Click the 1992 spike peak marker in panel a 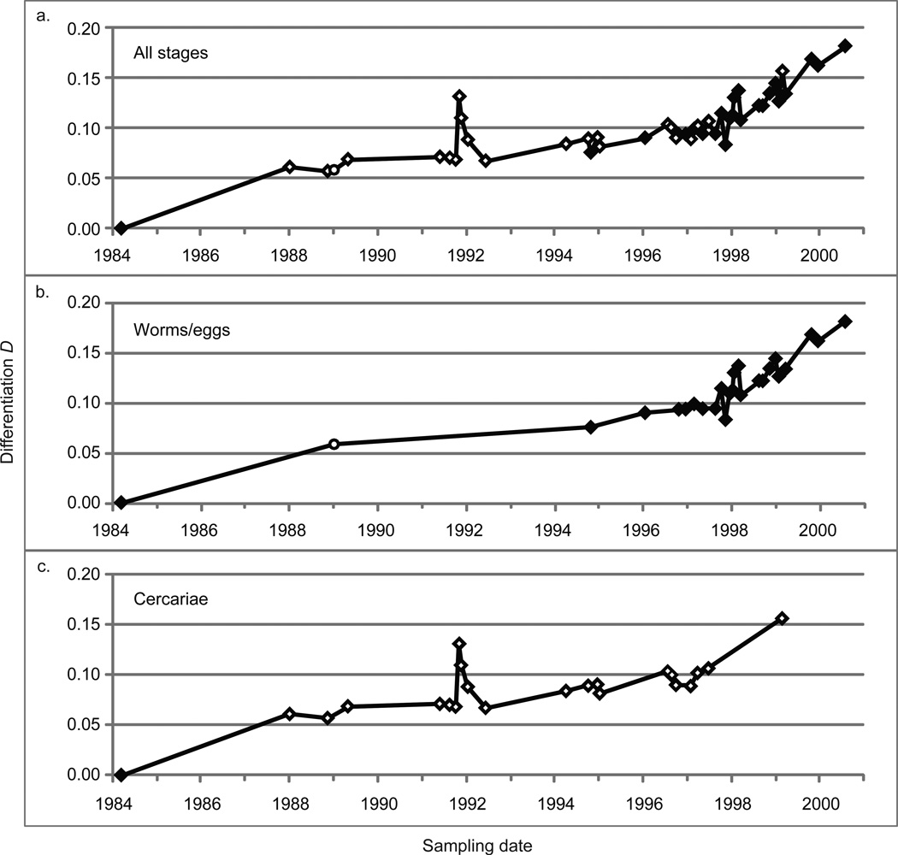459,96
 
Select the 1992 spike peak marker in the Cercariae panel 459,643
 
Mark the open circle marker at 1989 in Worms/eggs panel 334,444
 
